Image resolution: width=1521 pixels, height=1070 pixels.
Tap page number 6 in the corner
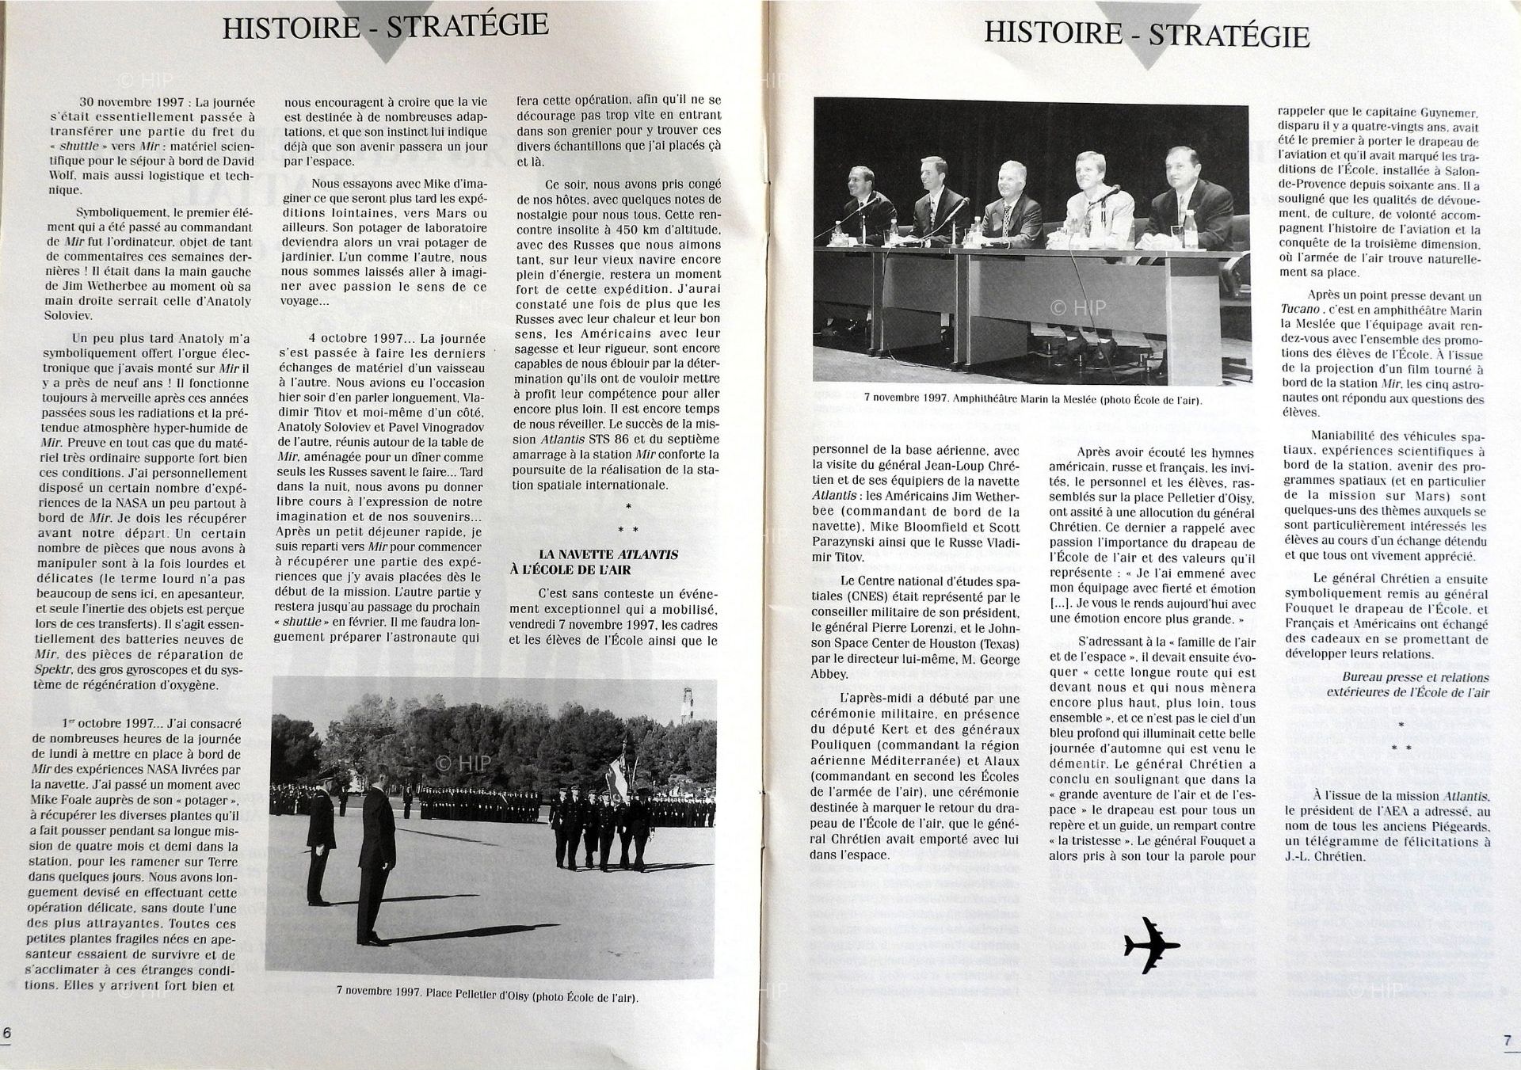[x=7, y=1033]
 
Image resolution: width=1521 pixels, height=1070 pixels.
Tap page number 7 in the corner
[x=1508, y=1041]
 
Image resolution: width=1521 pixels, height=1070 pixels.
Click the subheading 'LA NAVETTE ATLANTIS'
[x=608, y=554]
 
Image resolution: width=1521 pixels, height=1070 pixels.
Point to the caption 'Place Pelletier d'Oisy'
[x=486, y=997]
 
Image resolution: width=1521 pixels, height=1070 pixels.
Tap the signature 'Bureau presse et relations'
[x=1415, y=677]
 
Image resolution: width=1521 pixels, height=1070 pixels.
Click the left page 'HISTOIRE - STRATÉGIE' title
[x=385, y=25]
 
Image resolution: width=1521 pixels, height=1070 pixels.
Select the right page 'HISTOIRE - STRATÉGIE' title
[x=1146, y=33]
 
